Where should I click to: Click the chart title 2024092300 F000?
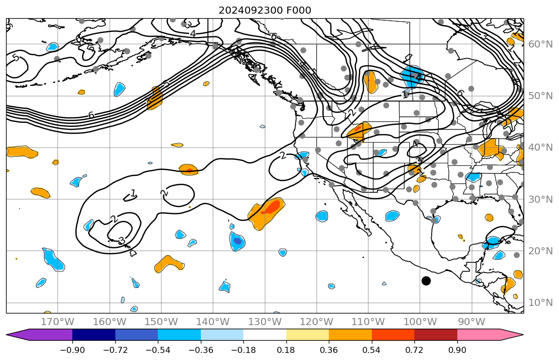point(265,10)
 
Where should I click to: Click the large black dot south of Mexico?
point(426,281)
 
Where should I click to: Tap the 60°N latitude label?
point(540,44)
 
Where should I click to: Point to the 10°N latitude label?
point(540,303)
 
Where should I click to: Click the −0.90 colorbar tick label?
point(73,350)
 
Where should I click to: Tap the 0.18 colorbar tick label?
point(286,350)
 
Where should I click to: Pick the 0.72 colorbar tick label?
point(414,350)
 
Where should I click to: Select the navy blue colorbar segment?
point(94,335)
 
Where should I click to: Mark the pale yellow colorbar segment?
point(308,335)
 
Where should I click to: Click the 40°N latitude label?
point(540,148)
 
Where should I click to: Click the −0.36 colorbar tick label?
point(201,350)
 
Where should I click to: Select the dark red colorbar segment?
point(436,335)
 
